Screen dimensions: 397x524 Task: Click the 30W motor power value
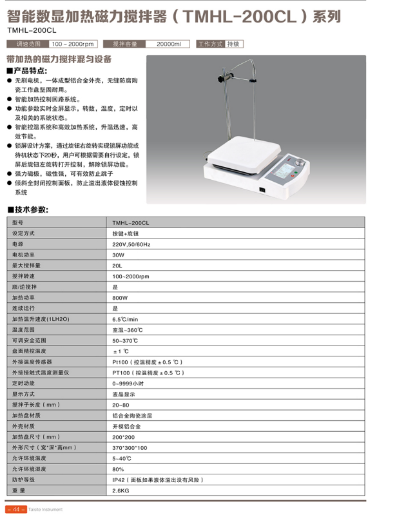[x=118, y=255]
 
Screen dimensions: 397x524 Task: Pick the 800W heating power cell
[x=120, y=298]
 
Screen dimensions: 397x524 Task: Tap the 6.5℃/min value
[x=125, y=319]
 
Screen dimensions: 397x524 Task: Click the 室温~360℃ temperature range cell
[x=127, y=329]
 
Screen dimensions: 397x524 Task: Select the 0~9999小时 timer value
[x=128, y=383]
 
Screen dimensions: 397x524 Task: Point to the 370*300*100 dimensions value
[x=130, y=447]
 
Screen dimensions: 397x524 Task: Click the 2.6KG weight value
[x=121, y=490]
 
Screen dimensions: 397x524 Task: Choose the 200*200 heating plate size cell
[x=122, y=437]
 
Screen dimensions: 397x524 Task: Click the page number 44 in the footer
[x=15, y=509]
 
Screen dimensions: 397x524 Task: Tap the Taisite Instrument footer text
[x=46, y=509]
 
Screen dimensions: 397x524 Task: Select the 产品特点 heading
[x=30, y=70]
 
